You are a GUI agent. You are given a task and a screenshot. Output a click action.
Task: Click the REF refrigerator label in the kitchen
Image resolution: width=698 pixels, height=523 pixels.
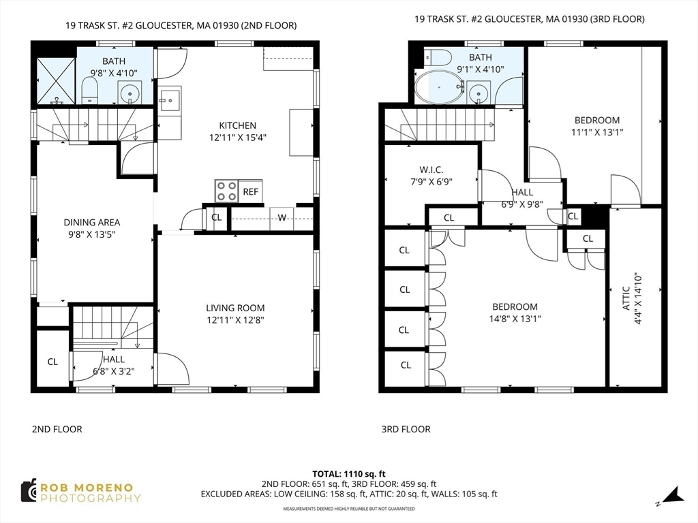pyautogui.click(x=250, y=192)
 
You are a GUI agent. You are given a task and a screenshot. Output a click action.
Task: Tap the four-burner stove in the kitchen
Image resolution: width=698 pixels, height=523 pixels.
pyautogui.click(x=226, y=191)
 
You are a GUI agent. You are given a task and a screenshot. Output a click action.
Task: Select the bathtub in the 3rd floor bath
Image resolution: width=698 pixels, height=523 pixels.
pyautogui.click(x=439, y=86)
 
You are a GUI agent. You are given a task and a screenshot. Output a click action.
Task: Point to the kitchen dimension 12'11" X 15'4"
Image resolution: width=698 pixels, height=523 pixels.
pyautogui.click(x=237, y=137)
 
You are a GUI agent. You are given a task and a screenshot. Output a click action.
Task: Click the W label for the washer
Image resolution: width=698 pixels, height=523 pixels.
pyautogui.click(x=282, y=218)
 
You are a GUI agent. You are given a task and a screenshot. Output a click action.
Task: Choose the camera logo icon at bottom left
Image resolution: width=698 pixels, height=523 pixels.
pyautogui.click(x=28, y=490)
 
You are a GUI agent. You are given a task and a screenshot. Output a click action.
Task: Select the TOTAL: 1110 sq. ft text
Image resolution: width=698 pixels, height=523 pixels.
pyautogui.click(x=349, y=474)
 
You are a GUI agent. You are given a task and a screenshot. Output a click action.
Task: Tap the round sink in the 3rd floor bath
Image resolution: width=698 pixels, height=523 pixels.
pyautogui.click(x=479, y=91)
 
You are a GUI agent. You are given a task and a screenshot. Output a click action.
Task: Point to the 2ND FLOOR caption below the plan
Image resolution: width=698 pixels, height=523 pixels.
pyautogui.click(x=57, y=429)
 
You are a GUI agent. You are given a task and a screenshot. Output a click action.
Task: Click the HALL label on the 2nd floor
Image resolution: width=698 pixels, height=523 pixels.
pyautogui.click(x=114, y=359)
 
